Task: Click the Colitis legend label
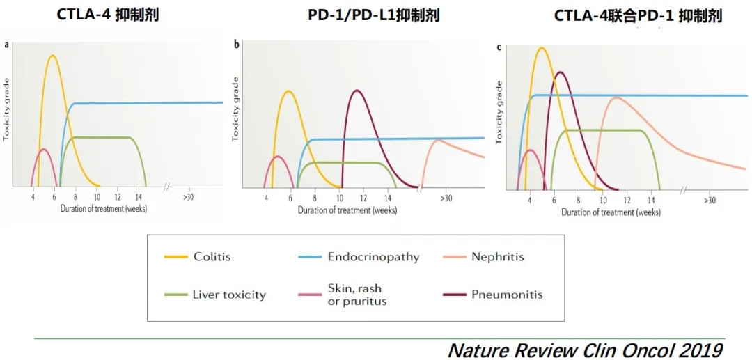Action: coord(211,257)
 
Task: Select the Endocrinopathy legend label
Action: coord(373,257)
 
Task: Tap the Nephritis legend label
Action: coord(497,257)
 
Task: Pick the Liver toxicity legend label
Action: coord(229,295)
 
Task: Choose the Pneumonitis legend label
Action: coord(507,295)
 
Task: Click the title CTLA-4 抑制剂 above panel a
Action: coord(108,14)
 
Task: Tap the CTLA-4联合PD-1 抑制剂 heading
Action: coord(638,15)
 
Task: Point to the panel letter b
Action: coord(237,45)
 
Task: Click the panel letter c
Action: coord(499,47)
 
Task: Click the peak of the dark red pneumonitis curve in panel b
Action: coord(357,91)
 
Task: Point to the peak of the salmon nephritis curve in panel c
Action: coord(616,97)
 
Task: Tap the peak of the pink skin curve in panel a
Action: coord(43,149)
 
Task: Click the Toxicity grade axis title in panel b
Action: coord(235,109)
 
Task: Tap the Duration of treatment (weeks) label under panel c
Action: coord(611,212)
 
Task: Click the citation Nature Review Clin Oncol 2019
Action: coord(585,349)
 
